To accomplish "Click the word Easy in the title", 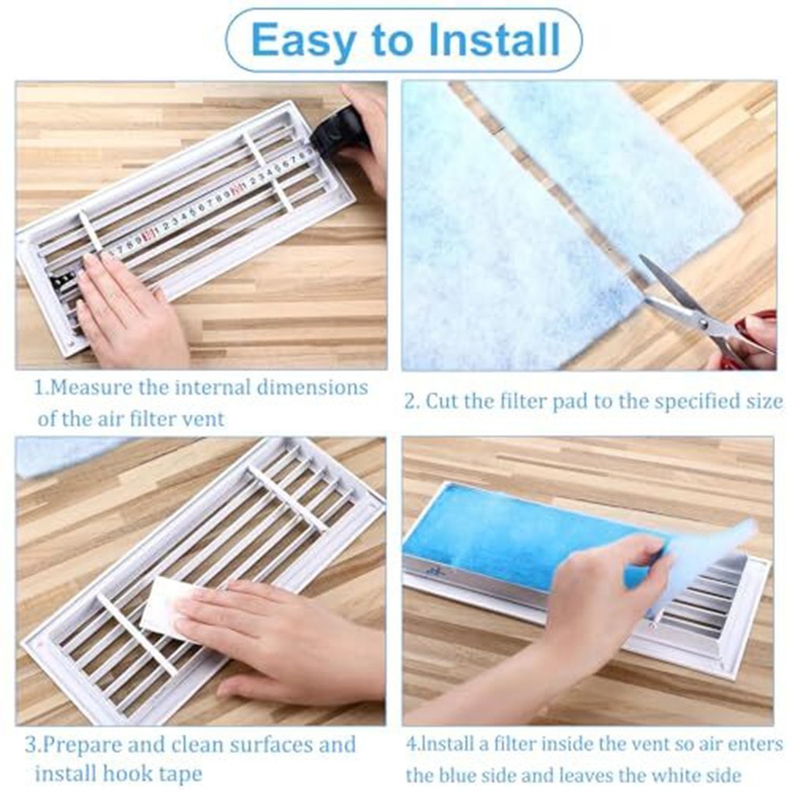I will coord(301,40).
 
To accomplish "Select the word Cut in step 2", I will coord(443,402).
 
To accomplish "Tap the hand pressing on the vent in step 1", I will coord(127,309).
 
